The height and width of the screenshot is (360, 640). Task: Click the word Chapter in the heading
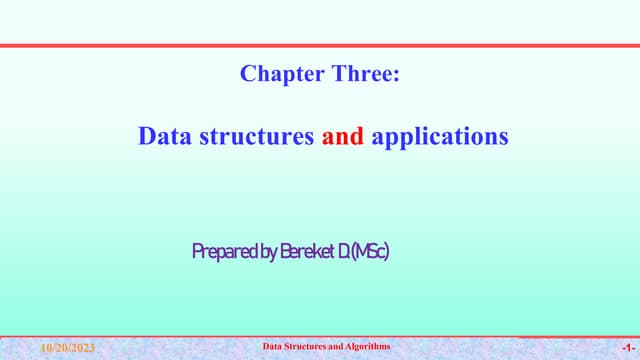tap(276, 73)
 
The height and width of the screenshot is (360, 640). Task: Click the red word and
tap(342, 136)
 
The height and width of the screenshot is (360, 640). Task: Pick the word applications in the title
tap(440, 136)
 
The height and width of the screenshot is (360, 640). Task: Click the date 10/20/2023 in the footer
tap(67, 348)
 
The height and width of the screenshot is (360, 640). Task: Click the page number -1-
tap(625, 348)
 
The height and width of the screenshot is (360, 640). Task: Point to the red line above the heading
tap(320, 46)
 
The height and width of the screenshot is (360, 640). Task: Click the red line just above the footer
tap(320, 337)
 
